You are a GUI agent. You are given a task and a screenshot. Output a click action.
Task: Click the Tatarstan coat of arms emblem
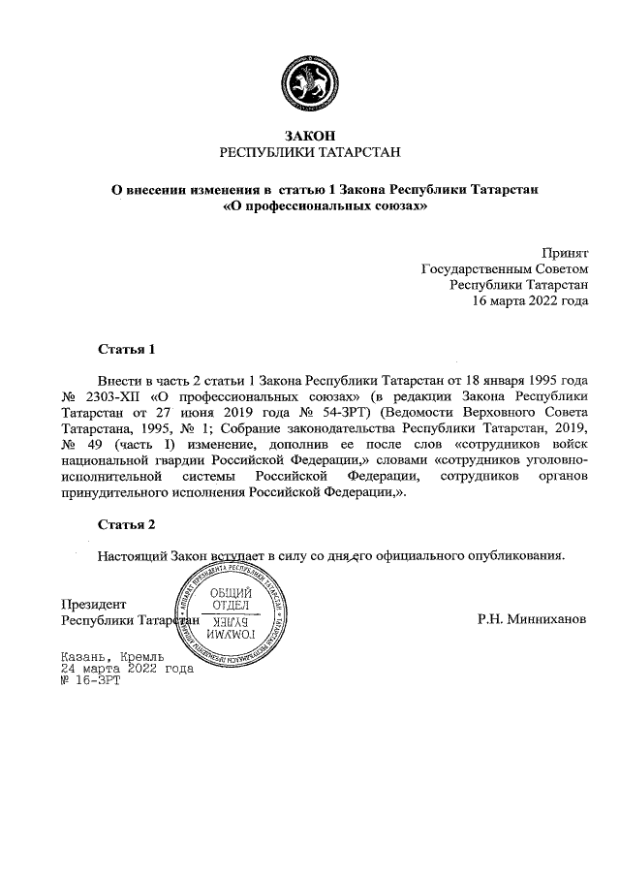pyautogui.click(x=310, y=81)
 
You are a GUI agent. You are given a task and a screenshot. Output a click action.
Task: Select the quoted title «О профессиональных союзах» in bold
pyautogui.click(x=324, y=206)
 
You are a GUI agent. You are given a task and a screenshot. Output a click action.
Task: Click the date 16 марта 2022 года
pyautogui.click(x=529, y=300)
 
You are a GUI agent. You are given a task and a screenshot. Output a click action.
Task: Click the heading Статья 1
pyautogui.click(x=127, y=348)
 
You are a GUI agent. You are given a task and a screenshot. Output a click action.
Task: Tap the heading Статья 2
pyautogui.click(x=127, y=525)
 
